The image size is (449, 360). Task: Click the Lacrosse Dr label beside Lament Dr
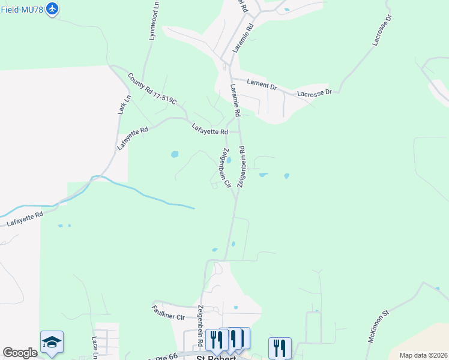click(315, 93)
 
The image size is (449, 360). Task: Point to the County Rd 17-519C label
click(152, 89)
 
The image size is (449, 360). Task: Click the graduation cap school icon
click(52, 342)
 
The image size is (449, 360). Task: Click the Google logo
click(20, 353)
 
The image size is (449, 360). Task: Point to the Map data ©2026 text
click(423, 355)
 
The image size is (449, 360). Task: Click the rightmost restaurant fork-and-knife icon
click(279, 347)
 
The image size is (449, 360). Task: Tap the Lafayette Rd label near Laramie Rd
click(210, 128)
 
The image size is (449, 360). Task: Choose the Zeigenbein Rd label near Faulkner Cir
click(200, 325)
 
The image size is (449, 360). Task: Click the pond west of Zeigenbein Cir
click(174, 154)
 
